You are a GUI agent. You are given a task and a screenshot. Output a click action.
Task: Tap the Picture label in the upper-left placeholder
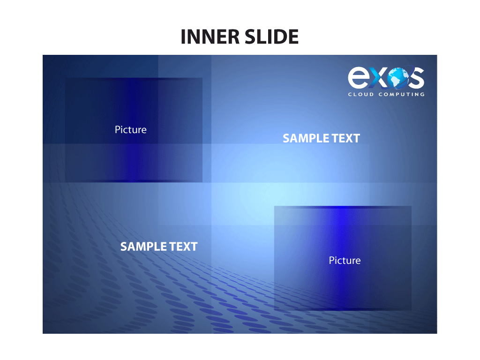point(131,129)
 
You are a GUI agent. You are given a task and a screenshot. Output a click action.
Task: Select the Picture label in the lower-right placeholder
point(345,260)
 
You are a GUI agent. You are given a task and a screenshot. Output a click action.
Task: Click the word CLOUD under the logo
point(361,94)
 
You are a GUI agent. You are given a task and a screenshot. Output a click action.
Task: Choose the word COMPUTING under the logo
point(402,94)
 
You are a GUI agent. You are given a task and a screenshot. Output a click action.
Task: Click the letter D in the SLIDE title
point(279,37)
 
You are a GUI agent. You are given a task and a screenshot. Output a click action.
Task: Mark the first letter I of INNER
point(183,37)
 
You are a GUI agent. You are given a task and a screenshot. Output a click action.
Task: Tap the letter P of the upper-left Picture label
point(117,129)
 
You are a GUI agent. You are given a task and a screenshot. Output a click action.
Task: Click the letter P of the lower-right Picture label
point(331,260)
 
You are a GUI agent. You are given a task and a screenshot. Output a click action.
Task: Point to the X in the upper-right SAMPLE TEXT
point(349,138)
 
